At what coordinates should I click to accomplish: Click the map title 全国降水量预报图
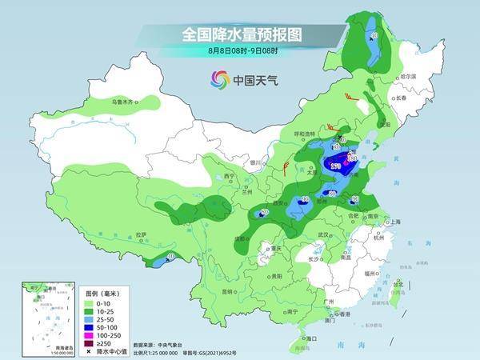239,34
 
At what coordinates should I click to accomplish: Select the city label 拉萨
142,234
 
